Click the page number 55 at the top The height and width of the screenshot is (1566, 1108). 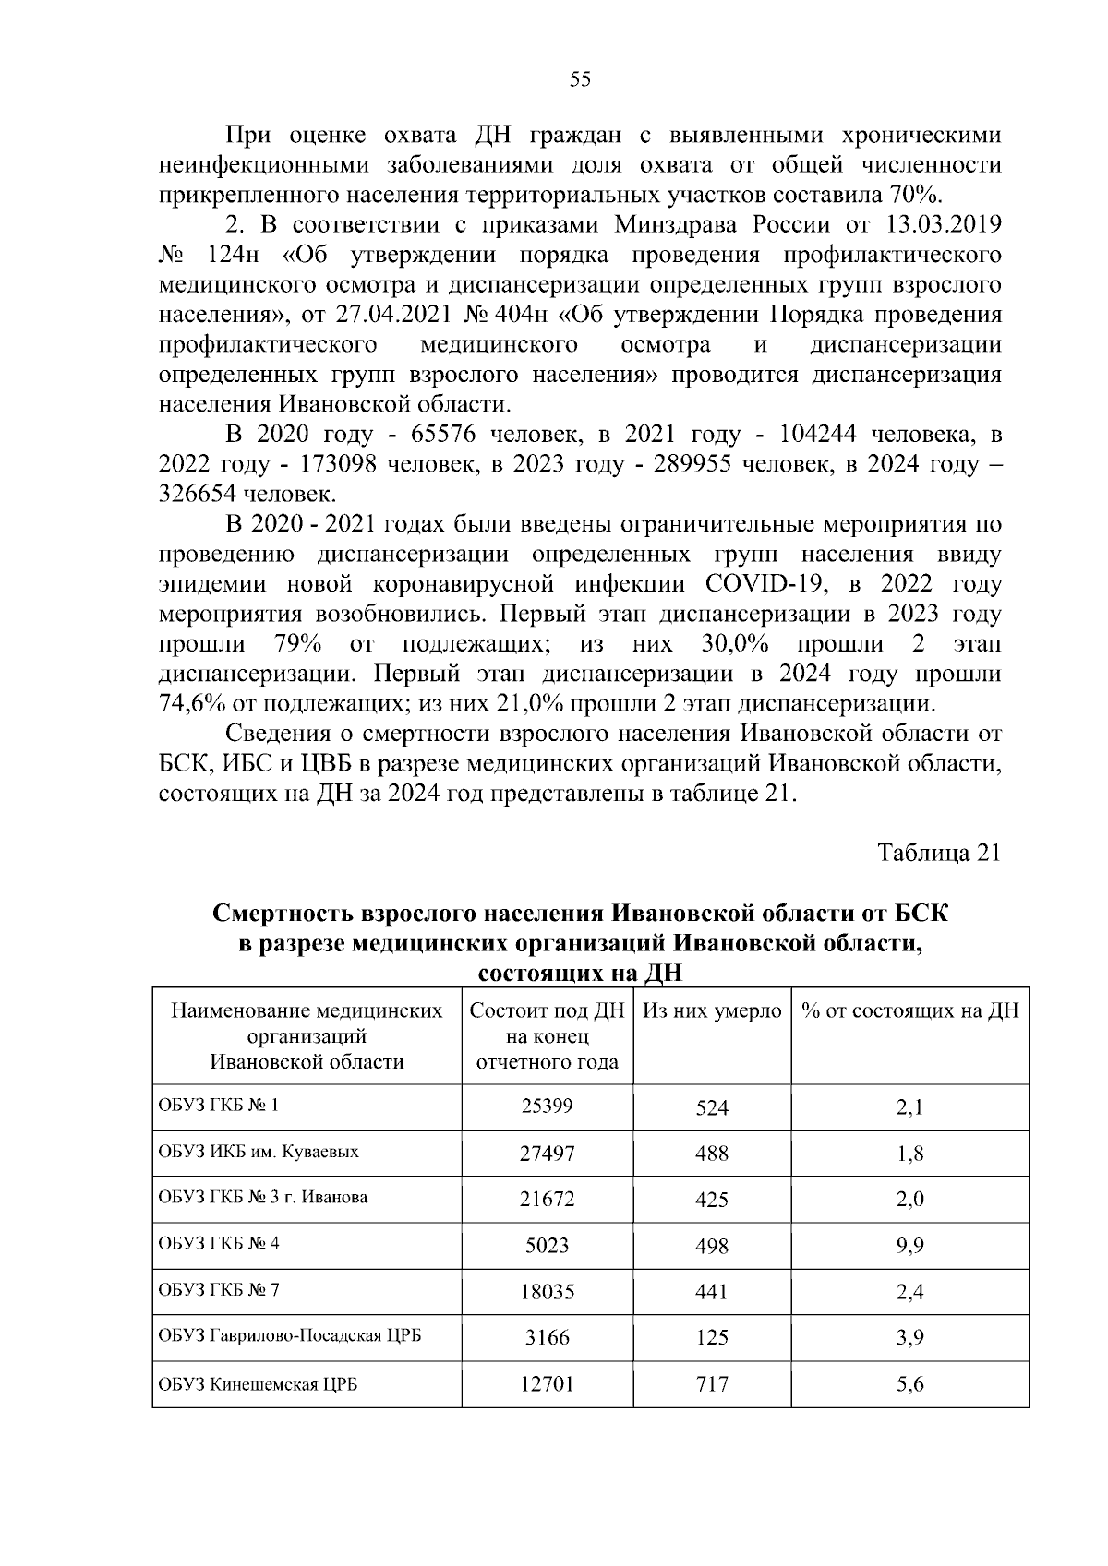[580, 80]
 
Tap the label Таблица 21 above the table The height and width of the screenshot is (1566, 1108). [939, 853]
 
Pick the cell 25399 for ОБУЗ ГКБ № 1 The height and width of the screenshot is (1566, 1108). [547, 1106]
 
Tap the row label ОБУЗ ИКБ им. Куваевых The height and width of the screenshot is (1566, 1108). [259, 1153]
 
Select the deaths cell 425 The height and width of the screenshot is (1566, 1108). [712, 1200]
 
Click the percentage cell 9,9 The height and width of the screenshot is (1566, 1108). [909, 1246]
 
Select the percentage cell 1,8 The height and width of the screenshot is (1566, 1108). [909, 1154]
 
